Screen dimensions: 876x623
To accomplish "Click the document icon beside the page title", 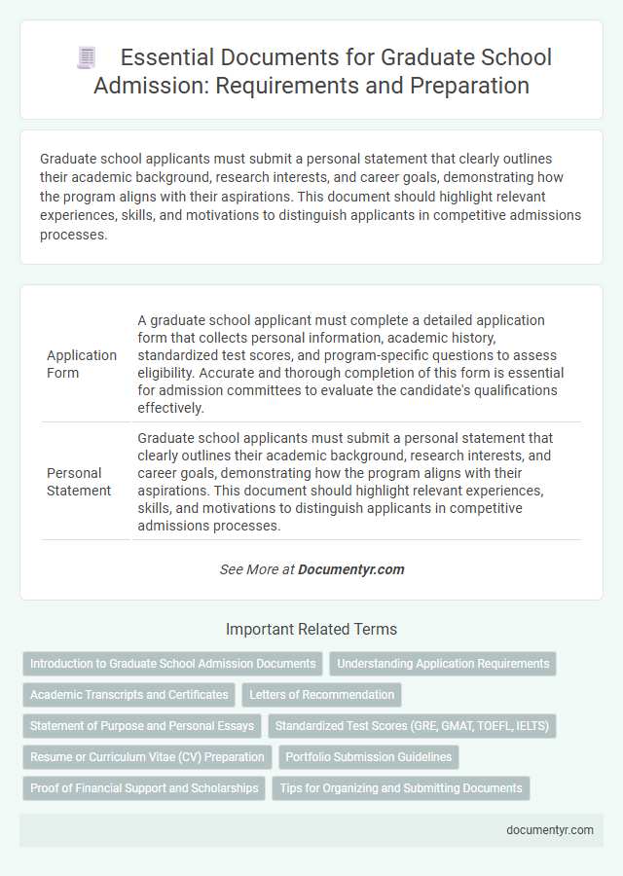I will [x=86, y=57].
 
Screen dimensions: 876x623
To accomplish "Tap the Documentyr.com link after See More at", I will [x=351, y=569].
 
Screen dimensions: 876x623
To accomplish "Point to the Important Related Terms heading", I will [x=311, y=629].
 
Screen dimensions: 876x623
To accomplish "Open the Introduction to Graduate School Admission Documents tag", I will [x=173, y=664].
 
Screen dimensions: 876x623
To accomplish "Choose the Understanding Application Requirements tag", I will [x=443, y=664].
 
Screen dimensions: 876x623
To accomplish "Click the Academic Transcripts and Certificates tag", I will [x=129, y=695].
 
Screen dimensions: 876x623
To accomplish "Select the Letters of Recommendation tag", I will [x=321, y=695].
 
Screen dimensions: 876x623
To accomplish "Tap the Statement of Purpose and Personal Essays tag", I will [x=142, y=726].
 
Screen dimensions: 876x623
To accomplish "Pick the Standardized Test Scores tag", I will [x=414, y=726].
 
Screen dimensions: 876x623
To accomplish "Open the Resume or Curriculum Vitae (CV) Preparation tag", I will [x=147, y=757].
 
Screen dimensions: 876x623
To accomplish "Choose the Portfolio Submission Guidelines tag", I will [x=369, y=757].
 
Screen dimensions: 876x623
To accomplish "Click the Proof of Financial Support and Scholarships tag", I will [x=144, y=788].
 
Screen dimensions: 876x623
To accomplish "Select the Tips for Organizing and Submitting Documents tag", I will [x=401, y=788].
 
